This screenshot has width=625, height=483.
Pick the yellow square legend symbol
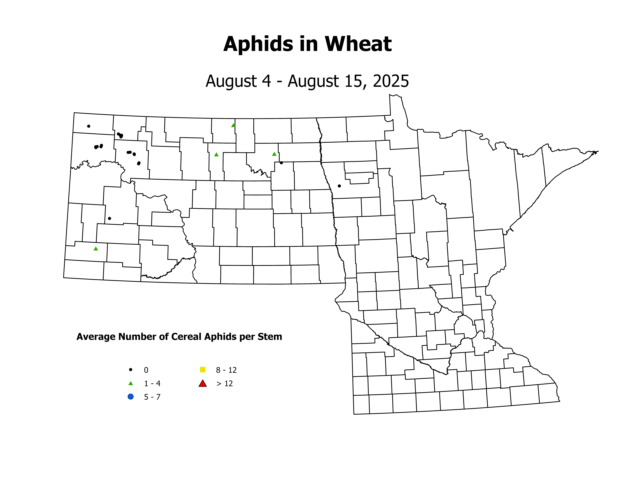pos(203,370)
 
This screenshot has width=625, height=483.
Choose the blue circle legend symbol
pos(130,397)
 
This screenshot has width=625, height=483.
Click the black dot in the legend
pos(130,370)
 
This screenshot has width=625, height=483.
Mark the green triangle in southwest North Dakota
pos(96,249)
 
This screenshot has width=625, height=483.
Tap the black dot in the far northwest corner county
pos(89,126)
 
